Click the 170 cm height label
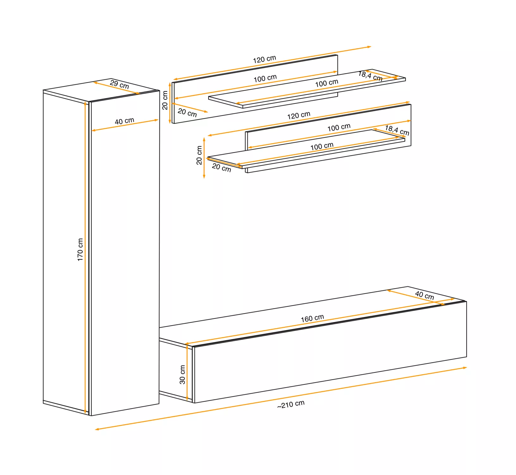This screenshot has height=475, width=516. click(80, 250)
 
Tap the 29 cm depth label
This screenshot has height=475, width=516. click(120, 85)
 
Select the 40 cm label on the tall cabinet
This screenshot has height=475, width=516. click(124, 121)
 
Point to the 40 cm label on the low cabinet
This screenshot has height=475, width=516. click(425, 295)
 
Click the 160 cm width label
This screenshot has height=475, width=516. click(312, 318)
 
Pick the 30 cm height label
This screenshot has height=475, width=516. click(182, 375)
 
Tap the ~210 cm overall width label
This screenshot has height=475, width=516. click(291, 404)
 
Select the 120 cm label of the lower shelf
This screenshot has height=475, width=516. click(299, 115)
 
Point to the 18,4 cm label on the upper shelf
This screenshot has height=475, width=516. click(370, 76)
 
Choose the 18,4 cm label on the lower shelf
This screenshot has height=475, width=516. click(397, 130)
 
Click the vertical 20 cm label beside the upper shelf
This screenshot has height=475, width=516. click(165, 100)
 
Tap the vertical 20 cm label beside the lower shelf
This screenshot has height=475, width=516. click(199, 155)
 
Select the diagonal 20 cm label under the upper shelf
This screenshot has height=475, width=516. click(187, 113)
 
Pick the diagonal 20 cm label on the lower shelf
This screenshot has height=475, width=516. click(221, 168)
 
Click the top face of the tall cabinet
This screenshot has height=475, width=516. click(101, 90)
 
